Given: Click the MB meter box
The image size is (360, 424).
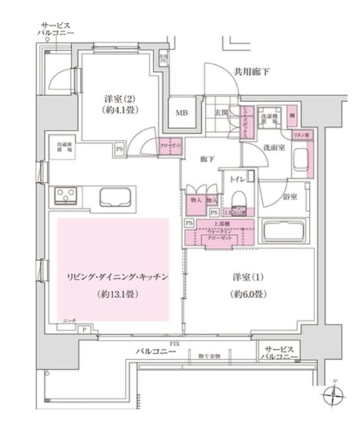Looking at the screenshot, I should coord(181,112).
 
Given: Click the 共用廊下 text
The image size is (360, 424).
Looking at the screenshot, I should coord(252,72).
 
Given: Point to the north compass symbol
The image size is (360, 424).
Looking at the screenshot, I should coord(334,396).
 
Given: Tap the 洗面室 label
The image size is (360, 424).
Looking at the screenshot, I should coord(273,147).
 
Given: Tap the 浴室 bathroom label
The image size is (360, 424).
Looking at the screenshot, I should coord(290,197).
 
